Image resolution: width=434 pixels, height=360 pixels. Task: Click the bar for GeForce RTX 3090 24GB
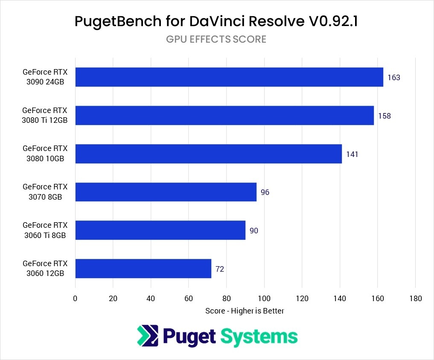point(229,77)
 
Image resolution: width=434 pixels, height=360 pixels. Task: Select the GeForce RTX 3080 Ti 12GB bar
point(224,116)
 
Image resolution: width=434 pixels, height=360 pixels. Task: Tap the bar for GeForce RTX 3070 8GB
point(166,192)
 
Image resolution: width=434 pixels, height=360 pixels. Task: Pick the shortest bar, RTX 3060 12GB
point(143,268)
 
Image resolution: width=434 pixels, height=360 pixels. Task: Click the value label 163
point(393,78)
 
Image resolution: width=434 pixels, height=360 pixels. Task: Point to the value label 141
point(352,154)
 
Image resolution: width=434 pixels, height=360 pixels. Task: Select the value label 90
point(254,230)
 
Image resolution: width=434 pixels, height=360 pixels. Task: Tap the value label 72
point(220,269)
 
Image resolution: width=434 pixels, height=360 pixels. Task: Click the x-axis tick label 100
point(264,299)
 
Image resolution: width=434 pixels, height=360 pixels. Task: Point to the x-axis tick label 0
point(75,299)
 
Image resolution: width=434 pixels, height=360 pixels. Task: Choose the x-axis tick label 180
point(416,299)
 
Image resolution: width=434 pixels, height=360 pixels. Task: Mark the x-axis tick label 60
point(189,299)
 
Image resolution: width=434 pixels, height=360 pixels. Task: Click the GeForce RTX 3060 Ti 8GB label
point(45,230)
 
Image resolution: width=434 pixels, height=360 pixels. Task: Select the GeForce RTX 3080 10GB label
point(45,153)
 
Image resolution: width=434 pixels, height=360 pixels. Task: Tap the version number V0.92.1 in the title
point(333,21)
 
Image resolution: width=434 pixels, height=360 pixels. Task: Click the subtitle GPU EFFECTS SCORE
point(216,39)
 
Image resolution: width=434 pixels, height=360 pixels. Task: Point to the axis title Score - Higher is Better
point(245,311)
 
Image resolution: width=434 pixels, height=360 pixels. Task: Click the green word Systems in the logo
point(259,337)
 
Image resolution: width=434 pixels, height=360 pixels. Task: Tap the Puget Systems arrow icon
point(148,336)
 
